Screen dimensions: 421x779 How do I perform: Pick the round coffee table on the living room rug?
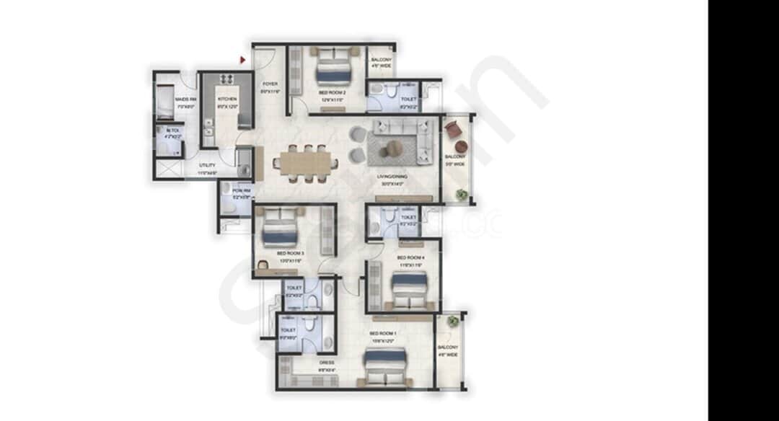(x=395, y=149)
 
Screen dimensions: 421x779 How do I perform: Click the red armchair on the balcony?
(x=453, y=130)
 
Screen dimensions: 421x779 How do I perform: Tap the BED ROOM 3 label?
(x=291, y=254)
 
